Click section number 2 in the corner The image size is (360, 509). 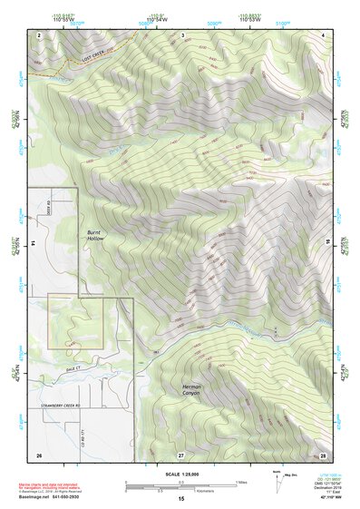point(39,34)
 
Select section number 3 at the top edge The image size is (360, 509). point(182,34)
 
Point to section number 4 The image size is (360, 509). point(324,34)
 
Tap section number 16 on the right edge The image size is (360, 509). point(327,241)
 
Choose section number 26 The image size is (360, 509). point(38,454)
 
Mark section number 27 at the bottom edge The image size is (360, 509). point(180,454)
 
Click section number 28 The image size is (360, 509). point(323,454)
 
